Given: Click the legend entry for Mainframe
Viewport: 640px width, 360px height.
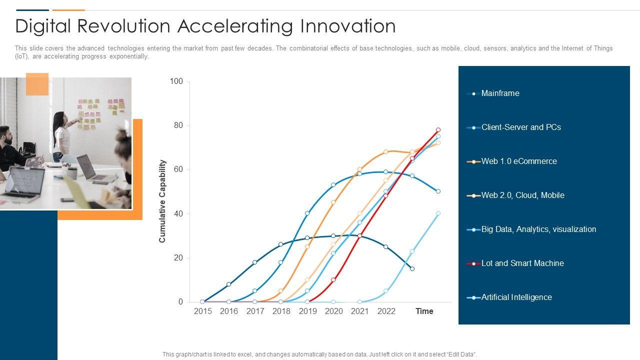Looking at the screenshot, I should (500, 93).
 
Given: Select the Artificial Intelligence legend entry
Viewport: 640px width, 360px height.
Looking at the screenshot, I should (516, 297).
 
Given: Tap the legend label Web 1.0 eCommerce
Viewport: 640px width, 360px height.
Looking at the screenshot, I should (519, 161).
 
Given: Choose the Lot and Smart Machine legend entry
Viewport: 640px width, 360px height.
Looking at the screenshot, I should (522, 263).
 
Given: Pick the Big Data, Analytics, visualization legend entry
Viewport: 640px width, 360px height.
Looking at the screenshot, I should (538, 229).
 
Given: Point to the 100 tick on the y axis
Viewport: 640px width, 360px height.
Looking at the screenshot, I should (176, 81).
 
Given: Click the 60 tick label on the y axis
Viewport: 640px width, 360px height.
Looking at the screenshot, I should (178, 169).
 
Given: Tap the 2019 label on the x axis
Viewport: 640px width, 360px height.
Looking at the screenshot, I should (307, 311).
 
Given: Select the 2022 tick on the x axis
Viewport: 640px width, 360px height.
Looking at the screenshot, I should (386, 311).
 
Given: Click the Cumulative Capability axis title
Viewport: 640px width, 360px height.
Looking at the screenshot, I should (162, 201).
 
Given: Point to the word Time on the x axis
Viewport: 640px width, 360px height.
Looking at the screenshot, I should (424, 311).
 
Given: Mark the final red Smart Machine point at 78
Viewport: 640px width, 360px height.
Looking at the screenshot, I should (438, 129).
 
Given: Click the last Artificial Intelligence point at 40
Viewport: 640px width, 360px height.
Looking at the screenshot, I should (438, 213).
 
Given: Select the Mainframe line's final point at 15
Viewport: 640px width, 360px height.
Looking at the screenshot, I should (412, 269).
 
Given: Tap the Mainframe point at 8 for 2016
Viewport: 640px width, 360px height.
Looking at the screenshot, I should (229, 284).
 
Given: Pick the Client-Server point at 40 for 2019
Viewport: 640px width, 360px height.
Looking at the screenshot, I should (307, 213).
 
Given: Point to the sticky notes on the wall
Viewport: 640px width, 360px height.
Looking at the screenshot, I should (100, 112).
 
